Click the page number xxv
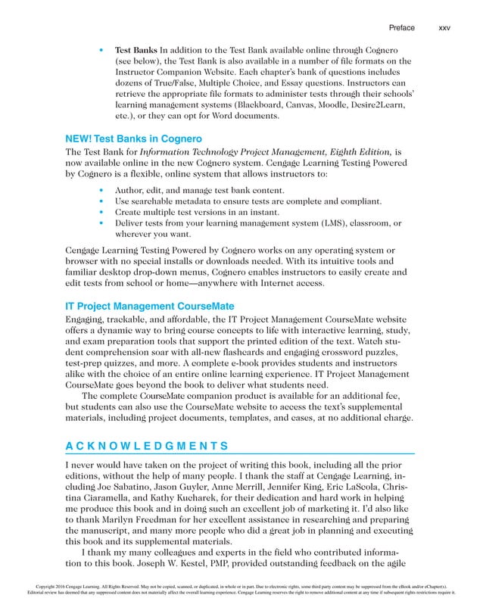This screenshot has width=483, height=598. click(444, 28)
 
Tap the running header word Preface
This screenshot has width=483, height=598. click(401, 28)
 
